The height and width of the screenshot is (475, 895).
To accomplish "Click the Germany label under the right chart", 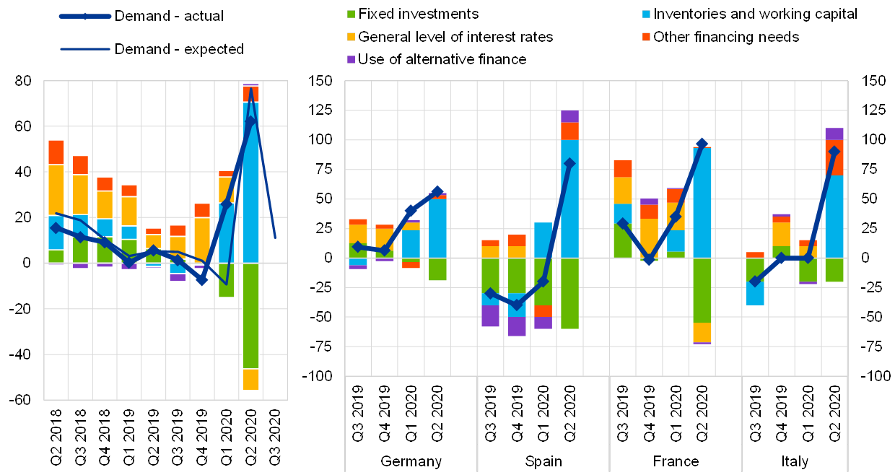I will click(411, 461).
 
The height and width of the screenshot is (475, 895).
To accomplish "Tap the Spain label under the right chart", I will click(543, 461).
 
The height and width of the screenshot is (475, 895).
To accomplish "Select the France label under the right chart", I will click(676, 461).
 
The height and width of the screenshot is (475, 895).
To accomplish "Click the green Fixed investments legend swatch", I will click(352, 14).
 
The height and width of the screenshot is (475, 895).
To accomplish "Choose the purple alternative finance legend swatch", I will click(352, 59).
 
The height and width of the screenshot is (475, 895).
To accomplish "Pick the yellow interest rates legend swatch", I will click(352, 36).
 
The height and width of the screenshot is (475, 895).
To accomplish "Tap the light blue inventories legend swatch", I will click(646, 14).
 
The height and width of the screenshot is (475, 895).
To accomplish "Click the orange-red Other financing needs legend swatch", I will click(646, 36).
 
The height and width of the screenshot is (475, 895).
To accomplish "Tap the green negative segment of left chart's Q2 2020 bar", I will click(250, 315).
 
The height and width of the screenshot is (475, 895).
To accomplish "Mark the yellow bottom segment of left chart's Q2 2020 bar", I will click(250, 379).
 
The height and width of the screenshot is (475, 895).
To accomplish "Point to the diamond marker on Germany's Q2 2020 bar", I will click(437, 192).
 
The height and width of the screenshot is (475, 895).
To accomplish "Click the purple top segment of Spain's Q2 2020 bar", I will click(569, 116).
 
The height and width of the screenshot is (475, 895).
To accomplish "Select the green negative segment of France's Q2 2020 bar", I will click(702, 289).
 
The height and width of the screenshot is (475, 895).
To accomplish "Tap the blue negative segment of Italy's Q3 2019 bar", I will click(755, 293).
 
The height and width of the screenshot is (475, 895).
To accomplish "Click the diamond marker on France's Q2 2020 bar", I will click(702, 144).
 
